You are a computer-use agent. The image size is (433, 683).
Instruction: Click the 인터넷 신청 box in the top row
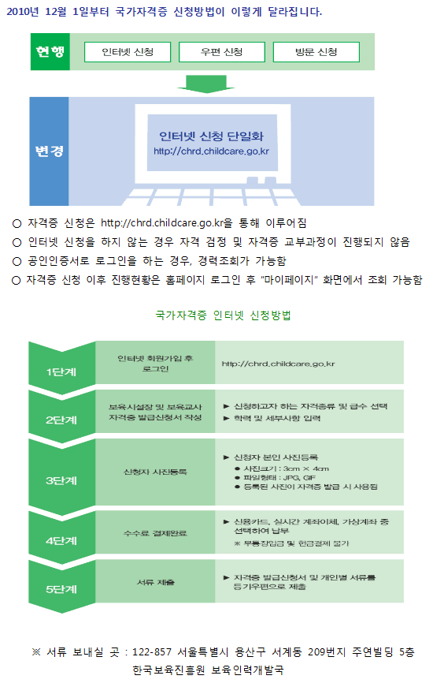click(x=128, y=52)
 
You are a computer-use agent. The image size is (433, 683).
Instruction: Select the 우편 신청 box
click(x=222, y=52)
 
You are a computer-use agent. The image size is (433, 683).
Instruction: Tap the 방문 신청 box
click(x=316, y=52)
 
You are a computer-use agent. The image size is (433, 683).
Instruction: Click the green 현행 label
click(x=50, y=52)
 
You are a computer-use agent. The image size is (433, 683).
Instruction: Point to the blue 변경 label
click(x=49, y=151)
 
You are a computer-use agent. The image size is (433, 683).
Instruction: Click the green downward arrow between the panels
click(x=206, y=84)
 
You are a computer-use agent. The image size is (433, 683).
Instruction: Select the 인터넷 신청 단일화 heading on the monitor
click(x=211, y=136)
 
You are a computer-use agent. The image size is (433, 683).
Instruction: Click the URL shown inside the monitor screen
click(x=211, y=151)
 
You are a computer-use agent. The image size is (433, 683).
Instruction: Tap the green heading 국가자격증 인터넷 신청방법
click(x=223, y=315)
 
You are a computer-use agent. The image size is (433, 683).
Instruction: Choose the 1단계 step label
click(x=61, y=372)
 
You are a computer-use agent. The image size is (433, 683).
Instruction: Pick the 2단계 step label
click(x=61, y=420)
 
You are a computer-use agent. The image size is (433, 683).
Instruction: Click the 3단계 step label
click(x=61, y=480)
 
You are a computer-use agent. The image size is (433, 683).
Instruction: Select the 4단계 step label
click(x=61, y=540)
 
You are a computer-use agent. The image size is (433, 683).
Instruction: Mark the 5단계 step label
click(x=61, y=589)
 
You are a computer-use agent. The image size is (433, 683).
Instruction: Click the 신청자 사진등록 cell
click(x=155, y=472)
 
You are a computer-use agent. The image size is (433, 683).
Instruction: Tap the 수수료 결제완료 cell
click(x=155, y=532)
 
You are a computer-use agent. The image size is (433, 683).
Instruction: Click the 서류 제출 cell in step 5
click(x=155, y=582)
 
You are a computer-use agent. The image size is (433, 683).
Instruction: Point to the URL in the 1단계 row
click(x=278, y=364)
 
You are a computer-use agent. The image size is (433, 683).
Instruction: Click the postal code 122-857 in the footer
click(x=152, y=652)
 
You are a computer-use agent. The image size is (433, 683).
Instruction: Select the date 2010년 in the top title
click(x=23, y=11)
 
